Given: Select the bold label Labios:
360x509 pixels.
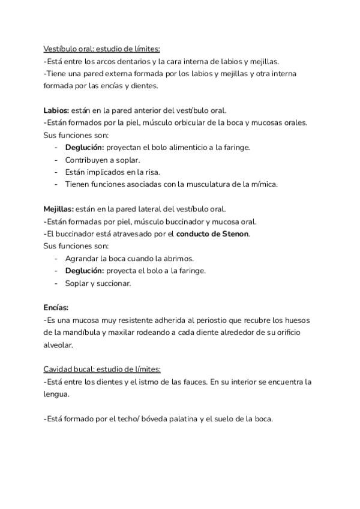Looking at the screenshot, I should [56, 110].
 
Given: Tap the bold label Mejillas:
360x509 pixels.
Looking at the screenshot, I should [58, 209].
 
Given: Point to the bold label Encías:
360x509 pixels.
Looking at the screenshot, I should [56, 307].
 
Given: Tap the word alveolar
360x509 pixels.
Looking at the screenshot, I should [58, 345].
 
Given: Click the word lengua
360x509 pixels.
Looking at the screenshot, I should [56, 394].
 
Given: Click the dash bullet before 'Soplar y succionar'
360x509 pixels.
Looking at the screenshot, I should [56, 283].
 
